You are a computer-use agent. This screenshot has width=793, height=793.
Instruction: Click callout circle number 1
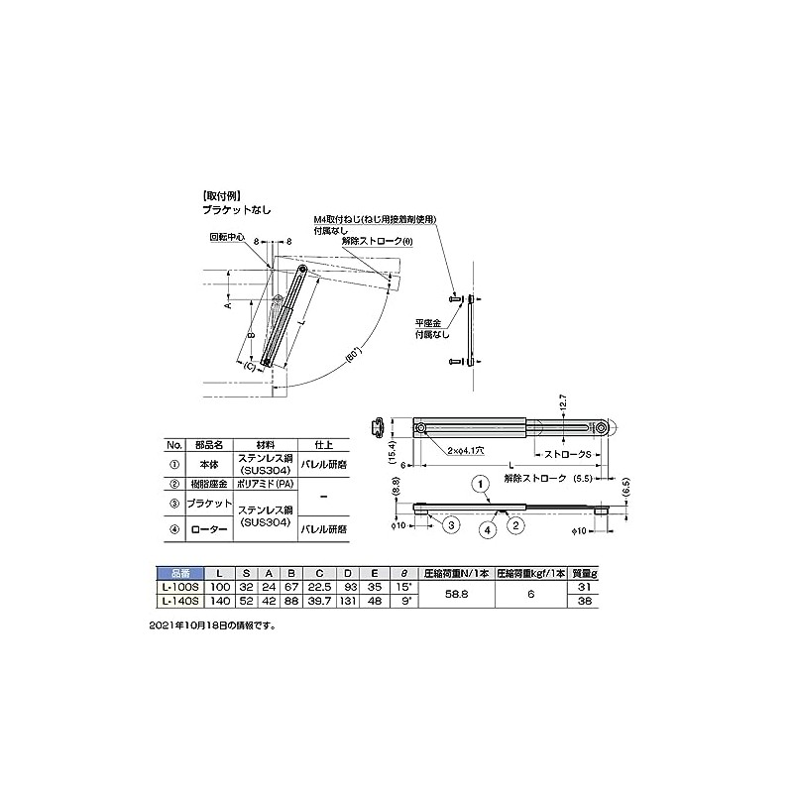tap(479, 485)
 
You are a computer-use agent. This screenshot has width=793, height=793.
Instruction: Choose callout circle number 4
tap(489, 529)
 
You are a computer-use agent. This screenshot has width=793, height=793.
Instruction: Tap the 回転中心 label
tap(226, 238)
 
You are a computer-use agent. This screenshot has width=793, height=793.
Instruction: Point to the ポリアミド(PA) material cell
tap(265, 483)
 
